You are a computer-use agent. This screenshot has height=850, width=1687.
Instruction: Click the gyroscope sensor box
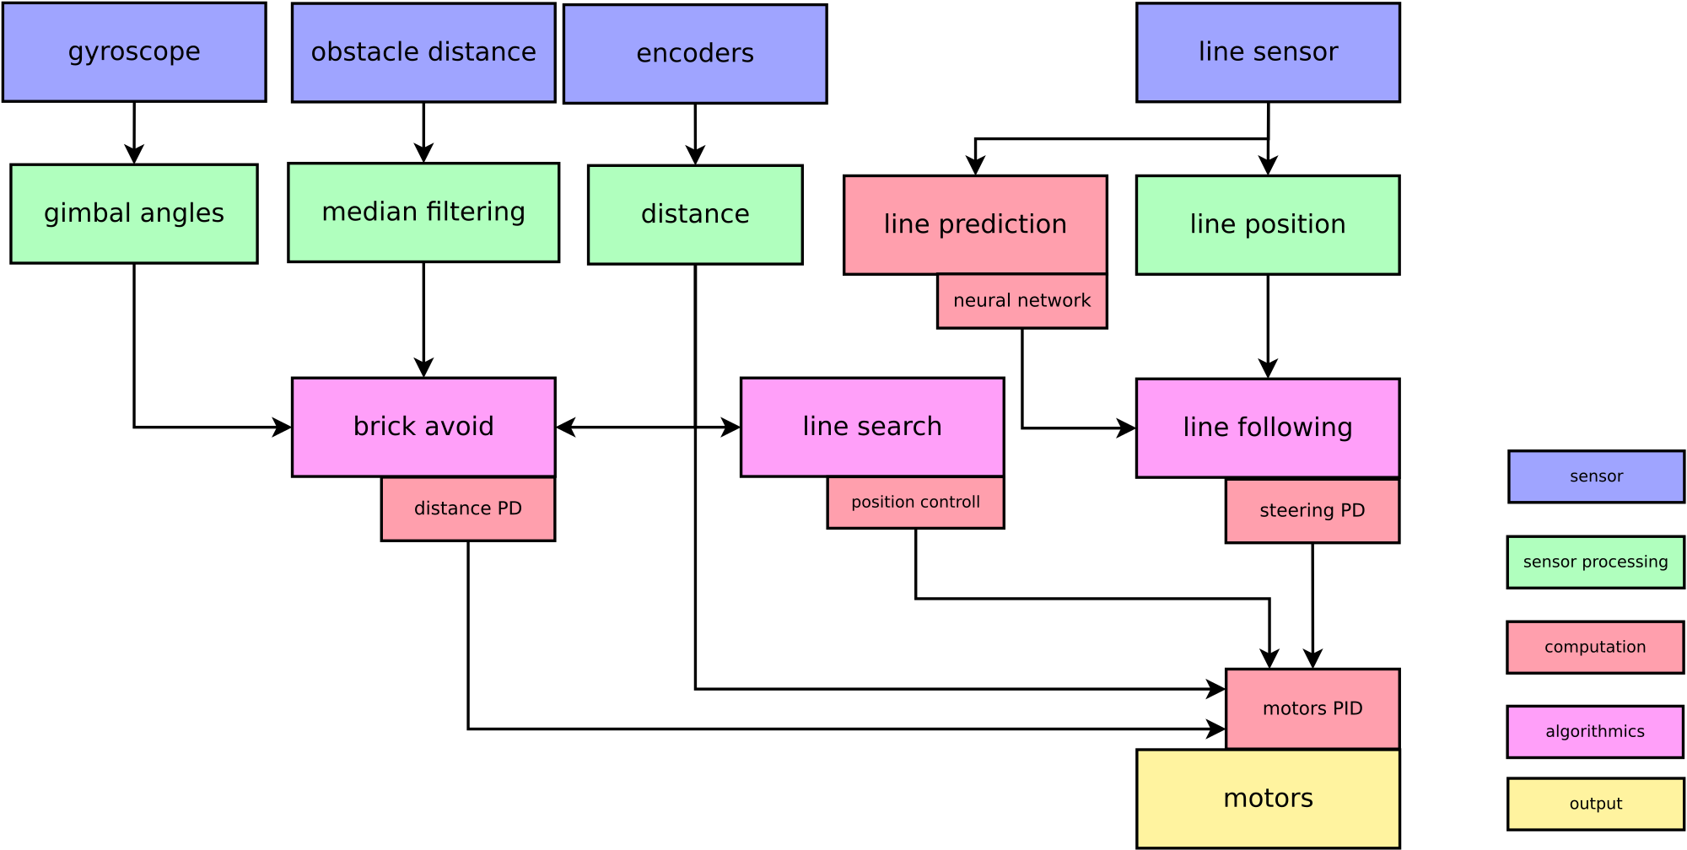click(134, 52)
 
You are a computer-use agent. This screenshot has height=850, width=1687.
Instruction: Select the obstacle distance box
click(423, 52)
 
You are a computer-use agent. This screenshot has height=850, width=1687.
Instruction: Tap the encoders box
click(695, 54)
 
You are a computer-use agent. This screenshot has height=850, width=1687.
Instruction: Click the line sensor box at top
click(1268, 52)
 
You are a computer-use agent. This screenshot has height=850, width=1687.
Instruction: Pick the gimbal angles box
click(134, 213)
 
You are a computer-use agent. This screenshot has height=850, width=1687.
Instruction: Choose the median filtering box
click(423, 212)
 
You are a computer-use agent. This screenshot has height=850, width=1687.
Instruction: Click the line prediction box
click(975, 225)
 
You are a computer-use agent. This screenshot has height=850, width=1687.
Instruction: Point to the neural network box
click(1022, 301)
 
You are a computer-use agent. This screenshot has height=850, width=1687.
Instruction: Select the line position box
click(1268, 225)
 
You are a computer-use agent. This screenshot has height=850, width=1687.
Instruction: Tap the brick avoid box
click(423, 428)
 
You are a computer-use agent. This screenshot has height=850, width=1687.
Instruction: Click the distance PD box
click(468, 509)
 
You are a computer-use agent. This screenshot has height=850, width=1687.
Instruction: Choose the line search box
click(872, 428)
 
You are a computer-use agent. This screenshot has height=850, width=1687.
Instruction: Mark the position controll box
click(916, 503)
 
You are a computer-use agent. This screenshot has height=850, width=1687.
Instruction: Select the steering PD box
click(1312, 511)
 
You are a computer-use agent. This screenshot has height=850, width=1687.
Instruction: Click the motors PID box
click(1312, 709)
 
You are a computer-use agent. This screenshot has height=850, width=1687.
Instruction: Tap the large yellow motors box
click(1268, 799)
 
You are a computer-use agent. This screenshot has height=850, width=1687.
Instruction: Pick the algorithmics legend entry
click(1595, 732)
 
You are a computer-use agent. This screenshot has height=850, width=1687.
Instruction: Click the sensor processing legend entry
click(1596, 562)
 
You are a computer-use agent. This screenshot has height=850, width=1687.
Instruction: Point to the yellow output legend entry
click(1596, 804)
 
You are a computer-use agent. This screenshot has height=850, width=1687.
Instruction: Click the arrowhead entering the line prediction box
click(975, 166)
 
